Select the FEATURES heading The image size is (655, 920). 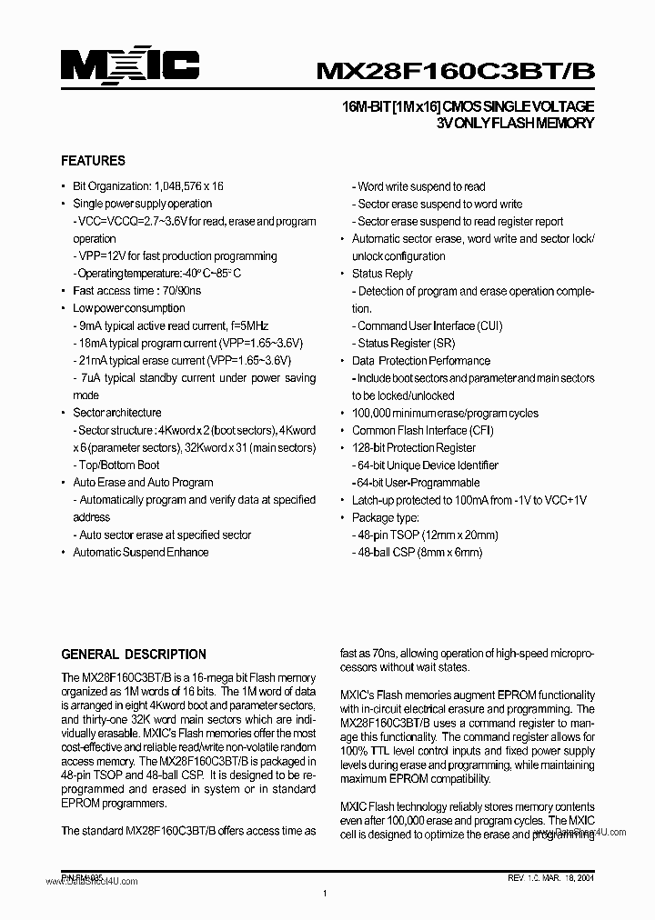click(93, 161)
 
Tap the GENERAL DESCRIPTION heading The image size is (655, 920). click(133, 655)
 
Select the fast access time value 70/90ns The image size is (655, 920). click(181, 291)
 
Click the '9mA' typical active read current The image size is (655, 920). click(90, 325)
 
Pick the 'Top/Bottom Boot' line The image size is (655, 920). click(118, 465)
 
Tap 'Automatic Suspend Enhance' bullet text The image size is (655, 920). click(141, 553)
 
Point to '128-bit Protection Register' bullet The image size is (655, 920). click(414, 448)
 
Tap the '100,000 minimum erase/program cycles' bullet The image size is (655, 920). click(445, 414)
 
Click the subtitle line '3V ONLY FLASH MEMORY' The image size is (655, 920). click(515, 124)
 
